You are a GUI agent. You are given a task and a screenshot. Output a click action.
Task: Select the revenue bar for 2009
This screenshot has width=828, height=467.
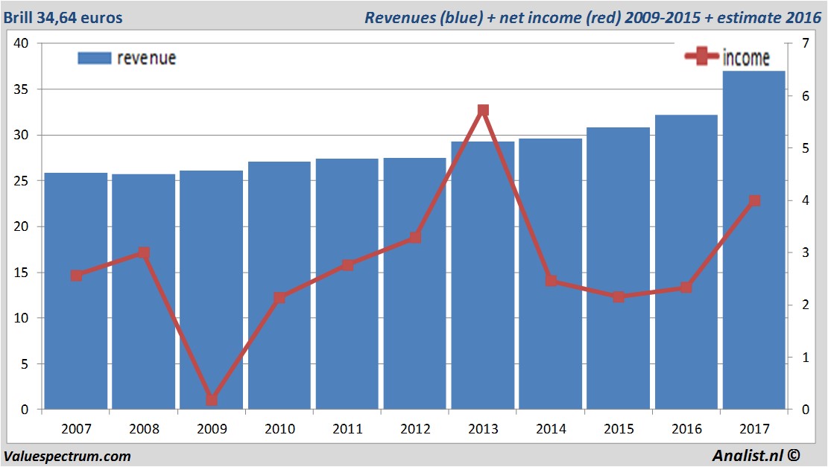click(212, 290)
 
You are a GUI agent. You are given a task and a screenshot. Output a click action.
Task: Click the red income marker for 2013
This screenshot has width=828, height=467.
click(483, 110)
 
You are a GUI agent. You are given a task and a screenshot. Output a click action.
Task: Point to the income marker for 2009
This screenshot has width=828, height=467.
click(212, 400)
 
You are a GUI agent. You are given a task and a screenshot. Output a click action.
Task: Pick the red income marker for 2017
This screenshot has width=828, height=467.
click(754, 200)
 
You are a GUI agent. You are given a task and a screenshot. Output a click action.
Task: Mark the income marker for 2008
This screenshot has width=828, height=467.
click(144, 253)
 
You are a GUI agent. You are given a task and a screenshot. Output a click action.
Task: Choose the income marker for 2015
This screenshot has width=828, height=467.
click(619, 296)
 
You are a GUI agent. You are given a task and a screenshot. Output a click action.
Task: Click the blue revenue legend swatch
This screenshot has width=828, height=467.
click(95, 58)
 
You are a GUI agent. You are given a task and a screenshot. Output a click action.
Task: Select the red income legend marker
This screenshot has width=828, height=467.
click(701, 57)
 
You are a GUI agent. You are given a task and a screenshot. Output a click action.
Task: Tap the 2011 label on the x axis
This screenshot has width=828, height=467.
click(347, 429)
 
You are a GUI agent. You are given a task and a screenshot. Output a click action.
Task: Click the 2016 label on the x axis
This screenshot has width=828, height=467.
click(686, 429)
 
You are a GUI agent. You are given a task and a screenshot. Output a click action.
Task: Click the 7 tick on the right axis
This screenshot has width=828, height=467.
click(803, 43)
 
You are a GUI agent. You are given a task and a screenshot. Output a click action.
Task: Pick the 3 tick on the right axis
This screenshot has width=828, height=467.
click(803, 252)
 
